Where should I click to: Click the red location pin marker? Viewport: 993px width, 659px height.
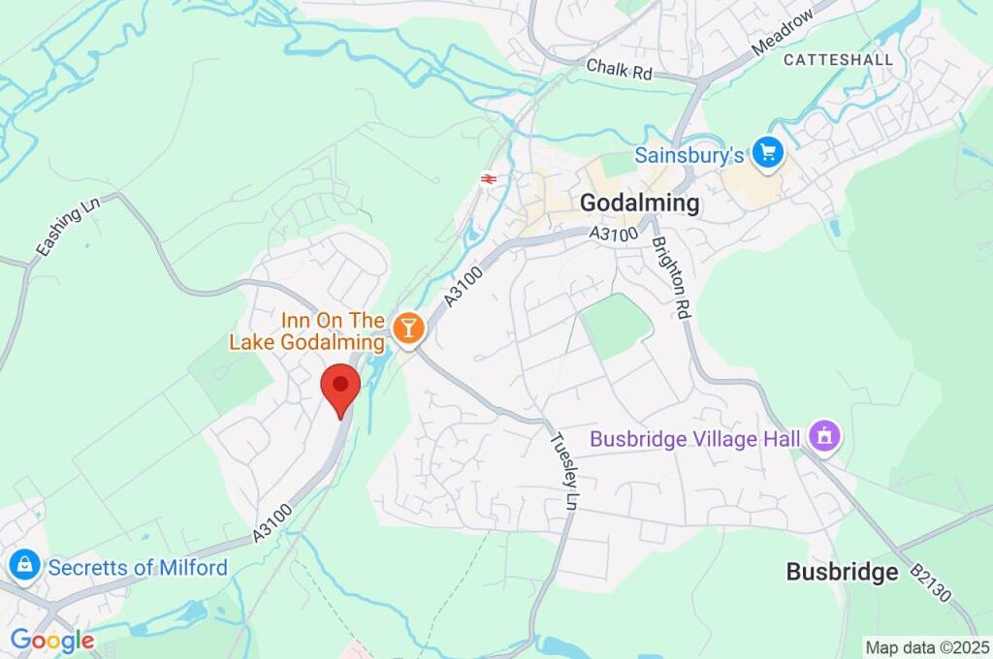click(340, 388)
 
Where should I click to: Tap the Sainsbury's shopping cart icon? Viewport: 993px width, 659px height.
click(769, 152)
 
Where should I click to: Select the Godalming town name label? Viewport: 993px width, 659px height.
click(639, 204)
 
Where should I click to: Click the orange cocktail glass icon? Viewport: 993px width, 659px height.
click(409, 329)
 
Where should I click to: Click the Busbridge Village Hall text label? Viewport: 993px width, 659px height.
click(695, 439)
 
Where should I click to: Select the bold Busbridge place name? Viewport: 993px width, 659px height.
click(842, 572)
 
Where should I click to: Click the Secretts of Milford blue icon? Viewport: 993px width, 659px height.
click(23, 564)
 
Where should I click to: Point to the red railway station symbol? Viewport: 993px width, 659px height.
click(488, 178)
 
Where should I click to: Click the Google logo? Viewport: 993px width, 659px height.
click(52, 641)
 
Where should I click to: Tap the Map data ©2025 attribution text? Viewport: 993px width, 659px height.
click(927, 647)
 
